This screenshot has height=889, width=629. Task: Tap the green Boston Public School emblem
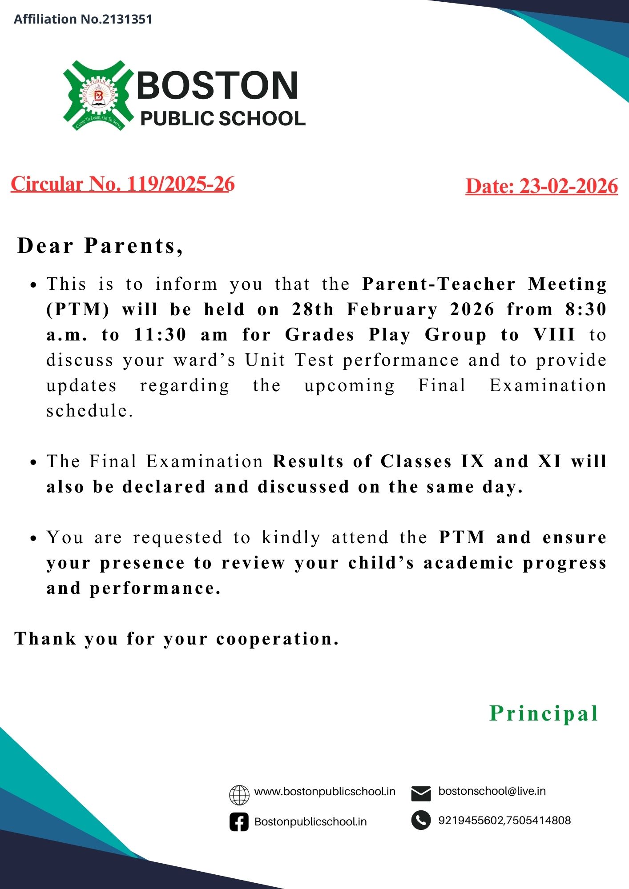pyautogui.click(x=98, y=96)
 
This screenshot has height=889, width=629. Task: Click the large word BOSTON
pyautogui.click(x=218, y=85)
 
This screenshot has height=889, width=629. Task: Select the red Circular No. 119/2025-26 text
pyautogui.click(x=122, y=184)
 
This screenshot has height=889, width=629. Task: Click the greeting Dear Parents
pyautogui.click(x=100, y=246)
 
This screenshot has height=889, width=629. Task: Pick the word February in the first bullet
pyautogui.click(x=392, y=309)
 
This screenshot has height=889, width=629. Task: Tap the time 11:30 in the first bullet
pyautogui.click(x=160, y=335)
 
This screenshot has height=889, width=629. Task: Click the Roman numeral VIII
pyautogui.click(x=555, y=335)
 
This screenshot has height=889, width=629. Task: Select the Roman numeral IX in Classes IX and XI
pyautogui.click(x=472, y=461)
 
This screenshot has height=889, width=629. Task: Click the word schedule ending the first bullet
pyautogui.click(x=89, y=411)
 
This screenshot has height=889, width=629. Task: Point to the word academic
pyautogui.click(x=468, y=563)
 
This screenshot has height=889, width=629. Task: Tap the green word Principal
pyautogui.click(x=544, y=713)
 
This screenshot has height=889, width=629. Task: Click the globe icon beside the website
pyautogui.click(x=239, y=795)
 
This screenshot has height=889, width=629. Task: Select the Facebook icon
pyautogui.click(x=239, y=822)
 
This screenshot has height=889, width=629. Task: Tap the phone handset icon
pyautogui.click(x=421, y=821)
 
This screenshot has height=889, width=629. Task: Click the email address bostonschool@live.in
pyautogui.click(x=492, y=792)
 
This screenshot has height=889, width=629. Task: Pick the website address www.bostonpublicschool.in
pyautogui.click(x=325, y=792)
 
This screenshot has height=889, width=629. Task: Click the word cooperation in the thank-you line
pyautogui.click(x=277, y=639)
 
